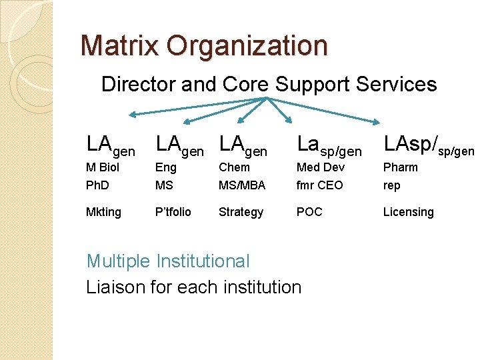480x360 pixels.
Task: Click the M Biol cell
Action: [103, 167]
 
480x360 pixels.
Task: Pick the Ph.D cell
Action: [97, 185]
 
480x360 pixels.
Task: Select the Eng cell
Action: [165, 167]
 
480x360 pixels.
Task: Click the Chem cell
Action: [234, 167]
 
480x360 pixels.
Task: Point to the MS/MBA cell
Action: [242, 185]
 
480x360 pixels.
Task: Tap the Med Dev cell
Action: [320, 167]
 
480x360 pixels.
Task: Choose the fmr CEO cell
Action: [319, 185]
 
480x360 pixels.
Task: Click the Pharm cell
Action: [400, 167]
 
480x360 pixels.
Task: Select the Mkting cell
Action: [104, 212]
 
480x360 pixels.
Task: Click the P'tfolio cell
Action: [173, 212]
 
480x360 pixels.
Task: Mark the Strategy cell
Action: [241, 212]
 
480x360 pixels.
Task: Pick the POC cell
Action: [309, 212]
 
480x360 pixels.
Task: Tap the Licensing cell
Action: [408, 212]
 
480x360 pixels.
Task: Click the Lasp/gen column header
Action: [329, 145]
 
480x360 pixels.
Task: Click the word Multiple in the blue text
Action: [119, 261]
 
